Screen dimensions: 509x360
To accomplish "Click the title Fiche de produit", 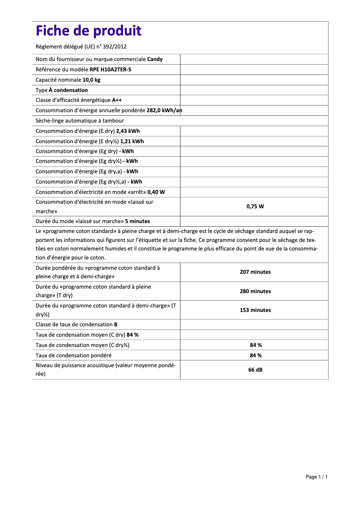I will coord(88,31).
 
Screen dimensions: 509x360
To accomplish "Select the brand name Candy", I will coord(155,59).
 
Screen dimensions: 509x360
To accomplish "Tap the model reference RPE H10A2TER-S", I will coord(110,70).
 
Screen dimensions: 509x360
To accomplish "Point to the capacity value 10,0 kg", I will coord(91,80).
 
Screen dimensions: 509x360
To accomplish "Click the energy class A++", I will coord(117,100).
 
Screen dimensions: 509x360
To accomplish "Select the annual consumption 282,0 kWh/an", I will coord(164,110).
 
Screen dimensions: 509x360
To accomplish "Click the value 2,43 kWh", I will coord(127,131).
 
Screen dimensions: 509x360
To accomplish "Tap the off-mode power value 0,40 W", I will coord(156,192).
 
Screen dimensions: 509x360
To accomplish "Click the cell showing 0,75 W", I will coord(255,206).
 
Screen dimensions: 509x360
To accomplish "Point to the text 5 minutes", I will coord(137,221).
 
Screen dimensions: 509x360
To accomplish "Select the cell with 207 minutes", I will coord(255,272).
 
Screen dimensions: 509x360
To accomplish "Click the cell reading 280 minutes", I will coord(255,291).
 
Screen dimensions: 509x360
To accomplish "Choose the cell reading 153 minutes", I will coord(255,310).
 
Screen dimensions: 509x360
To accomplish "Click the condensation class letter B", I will coord(116,324).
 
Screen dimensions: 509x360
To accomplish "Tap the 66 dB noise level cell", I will coord(255,370).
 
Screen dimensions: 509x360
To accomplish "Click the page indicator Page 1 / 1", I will coord(316,477).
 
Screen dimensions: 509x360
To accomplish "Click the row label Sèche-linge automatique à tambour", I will coord(79,121).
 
